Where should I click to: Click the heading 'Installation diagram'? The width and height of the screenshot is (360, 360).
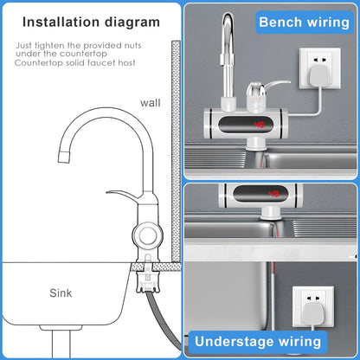[90, 21]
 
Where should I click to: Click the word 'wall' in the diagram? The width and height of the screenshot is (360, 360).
[151, 103]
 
